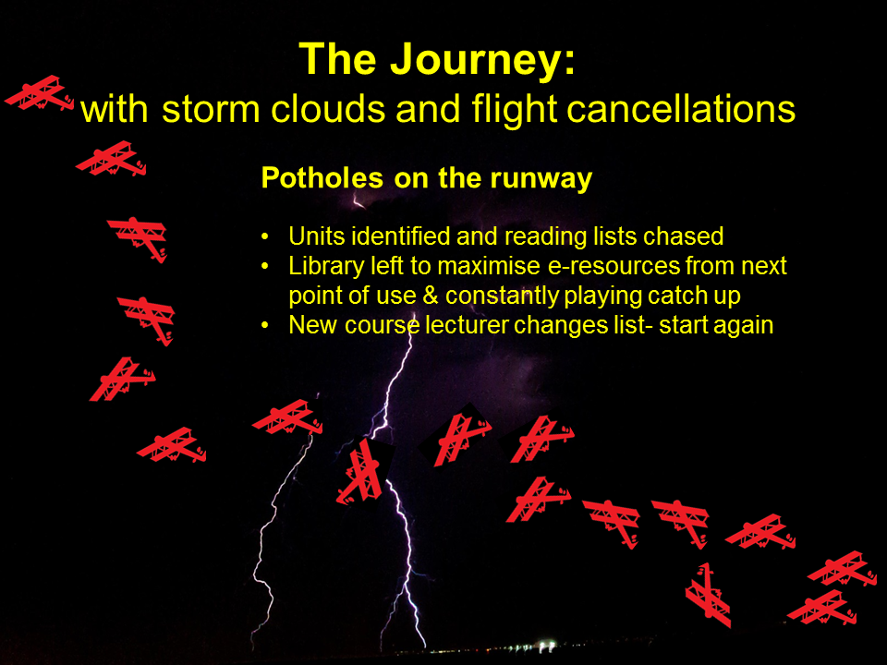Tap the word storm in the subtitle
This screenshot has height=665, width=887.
211,109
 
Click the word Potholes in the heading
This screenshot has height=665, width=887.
322,178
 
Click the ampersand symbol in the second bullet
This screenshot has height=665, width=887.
431,296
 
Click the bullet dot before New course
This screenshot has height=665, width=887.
265,326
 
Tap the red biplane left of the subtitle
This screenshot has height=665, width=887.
40,93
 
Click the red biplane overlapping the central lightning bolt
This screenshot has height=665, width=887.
366,471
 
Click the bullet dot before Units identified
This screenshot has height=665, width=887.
265,237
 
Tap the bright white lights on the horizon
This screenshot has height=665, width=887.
546,645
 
